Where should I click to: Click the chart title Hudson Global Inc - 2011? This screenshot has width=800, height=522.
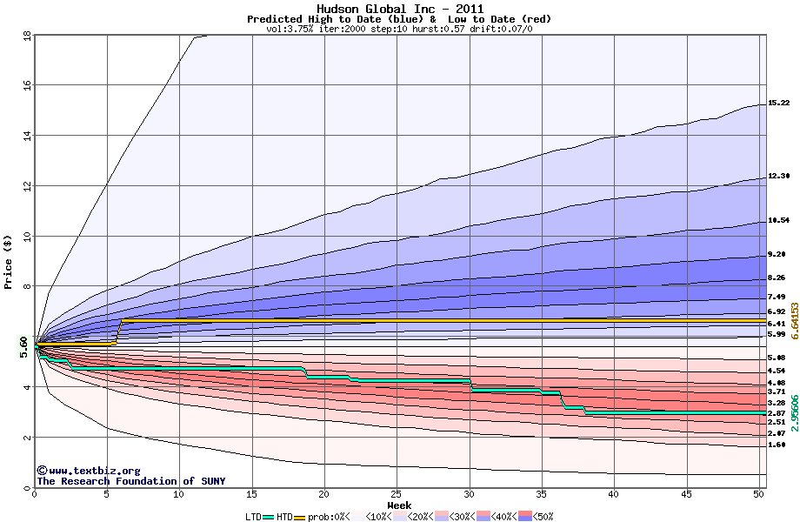click(x=399, y=9)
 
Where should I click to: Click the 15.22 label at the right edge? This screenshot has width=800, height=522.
click(x=778, y=104)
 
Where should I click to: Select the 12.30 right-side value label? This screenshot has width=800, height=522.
click(x=778, y=177)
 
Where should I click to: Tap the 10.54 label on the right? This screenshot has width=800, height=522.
click(x=778, y=221)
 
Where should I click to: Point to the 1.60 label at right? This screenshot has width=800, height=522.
click(x=777, y=445)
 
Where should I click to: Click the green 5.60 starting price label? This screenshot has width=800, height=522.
click(x=24, y=347)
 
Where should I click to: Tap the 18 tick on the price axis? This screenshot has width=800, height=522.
click(x=26, y=36)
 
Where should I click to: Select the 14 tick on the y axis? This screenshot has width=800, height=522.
click(x=26, y=136)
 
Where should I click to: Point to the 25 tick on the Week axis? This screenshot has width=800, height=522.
click(x=397, y=494)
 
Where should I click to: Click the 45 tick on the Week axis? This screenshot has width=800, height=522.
click(x=685, y=494)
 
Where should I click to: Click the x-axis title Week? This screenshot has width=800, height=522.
click(x=399, y=505)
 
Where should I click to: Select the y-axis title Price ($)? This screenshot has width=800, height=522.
click(x=9, y=261)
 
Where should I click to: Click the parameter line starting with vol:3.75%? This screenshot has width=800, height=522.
click(x=399, y=29)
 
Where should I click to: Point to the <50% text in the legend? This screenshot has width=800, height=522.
click(x=543, y=517)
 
